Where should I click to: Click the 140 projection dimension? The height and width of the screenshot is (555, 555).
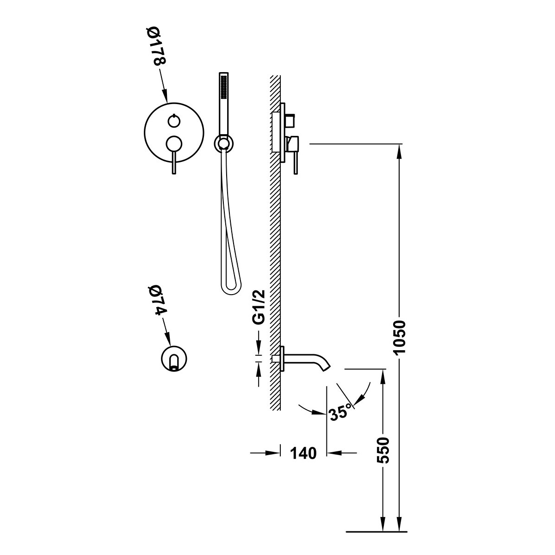[303, 453]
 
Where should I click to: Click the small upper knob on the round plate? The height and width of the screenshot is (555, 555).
[173, 121]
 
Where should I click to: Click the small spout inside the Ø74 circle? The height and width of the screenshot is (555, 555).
[174, 362]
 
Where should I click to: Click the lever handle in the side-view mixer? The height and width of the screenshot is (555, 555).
[294, 164]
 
